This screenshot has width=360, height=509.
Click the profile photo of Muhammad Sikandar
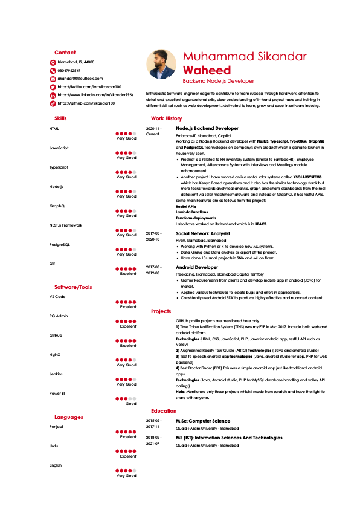(161, 64)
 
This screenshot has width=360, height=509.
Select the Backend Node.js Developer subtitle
(218, 81)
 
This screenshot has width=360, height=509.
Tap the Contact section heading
(65, 53)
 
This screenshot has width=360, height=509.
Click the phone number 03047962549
(69, 71)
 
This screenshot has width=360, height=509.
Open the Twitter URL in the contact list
(89, 87)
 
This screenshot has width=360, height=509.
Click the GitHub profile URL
(86, 103)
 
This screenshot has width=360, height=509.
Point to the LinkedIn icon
(53, 96)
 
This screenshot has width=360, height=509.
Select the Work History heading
(166, 118)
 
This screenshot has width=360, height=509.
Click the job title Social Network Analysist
(202, 233)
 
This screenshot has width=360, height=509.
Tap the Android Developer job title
(197, 267)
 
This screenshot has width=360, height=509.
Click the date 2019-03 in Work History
(153, 233)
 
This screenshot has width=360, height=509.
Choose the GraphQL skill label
(58, 206)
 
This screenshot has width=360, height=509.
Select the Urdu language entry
(54, 446)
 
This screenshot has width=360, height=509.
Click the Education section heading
(164, 411)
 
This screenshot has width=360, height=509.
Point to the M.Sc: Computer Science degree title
(202, 421)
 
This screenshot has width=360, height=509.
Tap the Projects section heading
(161, 311)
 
